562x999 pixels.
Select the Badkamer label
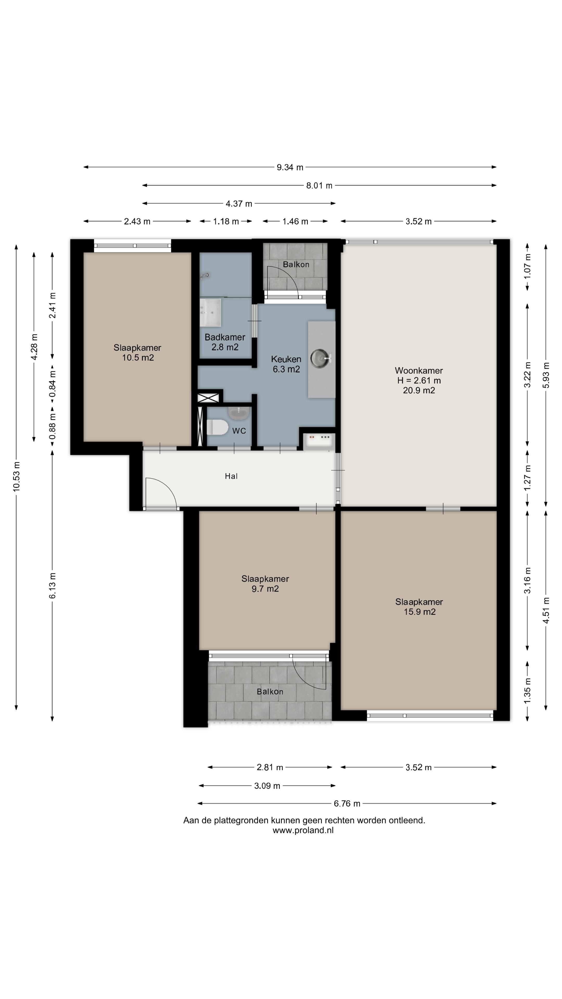coord(225,337)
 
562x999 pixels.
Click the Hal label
coord(231,476)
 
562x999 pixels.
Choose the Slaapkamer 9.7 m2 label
coord(265,584)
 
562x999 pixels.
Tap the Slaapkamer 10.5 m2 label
coord(138,353)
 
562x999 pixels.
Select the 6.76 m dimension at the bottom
coord(347,804)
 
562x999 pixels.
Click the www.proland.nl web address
coord(303,830)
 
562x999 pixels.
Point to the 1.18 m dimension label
coord(226,221)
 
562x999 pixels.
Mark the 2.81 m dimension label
coord(270,767)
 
